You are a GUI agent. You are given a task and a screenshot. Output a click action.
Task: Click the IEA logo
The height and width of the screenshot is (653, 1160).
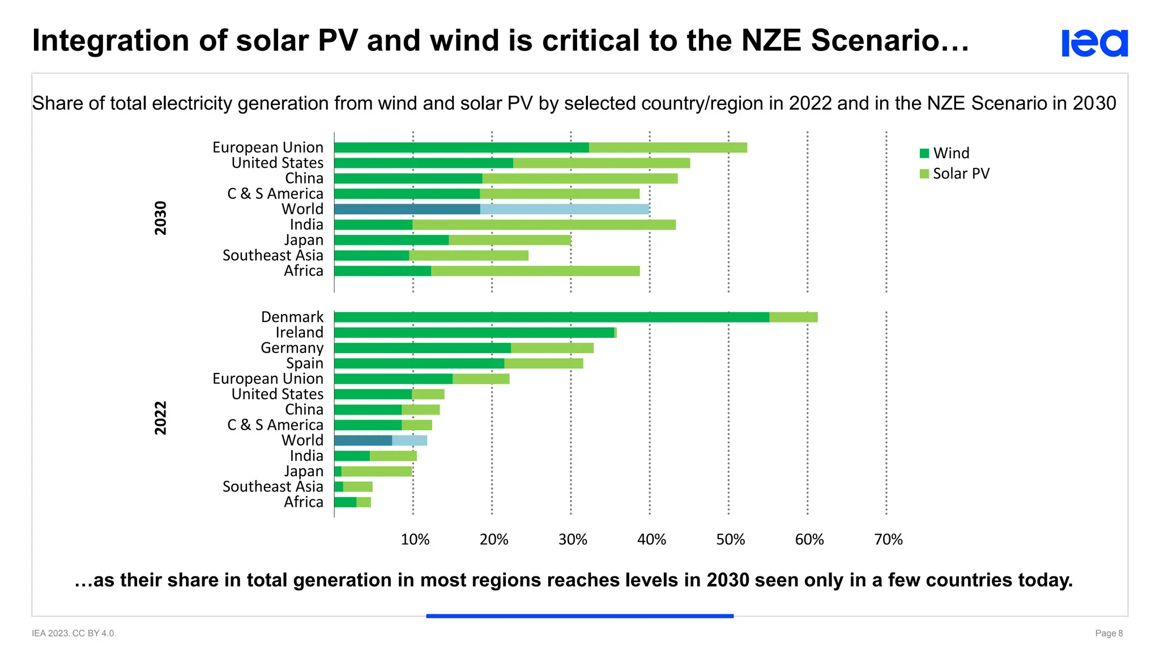pyautogui.click(x=1094, y=43)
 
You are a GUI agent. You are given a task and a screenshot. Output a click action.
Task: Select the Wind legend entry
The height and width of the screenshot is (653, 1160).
pyautogui.click(x=945, y=153)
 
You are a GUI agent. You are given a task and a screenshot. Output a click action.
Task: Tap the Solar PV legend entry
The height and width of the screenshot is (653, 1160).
pyautogui.click(x=954, y=173)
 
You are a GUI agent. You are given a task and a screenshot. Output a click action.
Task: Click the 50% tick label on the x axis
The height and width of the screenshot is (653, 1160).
pyautogui.click(x=730, y=540)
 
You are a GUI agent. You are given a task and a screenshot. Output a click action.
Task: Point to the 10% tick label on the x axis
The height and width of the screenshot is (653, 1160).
pyautogui.click(x=415, y=540)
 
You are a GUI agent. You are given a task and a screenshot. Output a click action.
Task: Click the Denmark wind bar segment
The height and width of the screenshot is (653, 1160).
pyautogui.click(x=551, y=317)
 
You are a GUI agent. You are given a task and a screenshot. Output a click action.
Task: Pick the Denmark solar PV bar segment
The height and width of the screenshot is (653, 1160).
pyautogui.click(x=793, y=317)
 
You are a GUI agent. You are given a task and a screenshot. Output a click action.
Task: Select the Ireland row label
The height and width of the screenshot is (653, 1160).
pyautogui.click(x=299, y=333)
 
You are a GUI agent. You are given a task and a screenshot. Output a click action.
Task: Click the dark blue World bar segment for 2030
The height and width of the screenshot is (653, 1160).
pyautogui.click(x=407, y=209)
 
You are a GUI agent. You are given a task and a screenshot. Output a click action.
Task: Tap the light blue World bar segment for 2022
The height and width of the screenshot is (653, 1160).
pyautogui.click(x=409, y=440)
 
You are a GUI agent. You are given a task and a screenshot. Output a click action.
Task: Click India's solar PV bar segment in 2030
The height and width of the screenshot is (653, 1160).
pyautogui.click(x=544, y=225)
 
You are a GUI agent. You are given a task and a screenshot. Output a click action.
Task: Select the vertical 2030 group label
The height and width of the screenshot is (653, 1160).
pyautogui.click(x=161, y=218)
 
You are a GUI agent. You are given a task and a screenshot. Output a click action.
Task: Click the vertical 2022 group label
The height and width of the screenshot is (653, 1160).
pyautogui.click(x=161, y=418)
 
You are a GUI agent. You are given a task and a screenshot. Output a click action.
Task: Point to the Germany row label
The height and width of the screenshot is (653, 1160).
pyautogui.click(x=292, y=348)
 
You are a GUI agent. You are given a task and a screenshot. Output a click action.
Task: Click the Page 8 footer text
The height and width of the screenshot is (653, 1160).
pyautogui.click(x=1108, y=633)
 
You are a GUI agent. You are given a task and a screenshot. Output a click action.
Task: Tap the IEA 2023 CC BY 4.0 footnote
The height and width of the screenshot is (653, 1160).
pyautogui.click(x=74, y=633)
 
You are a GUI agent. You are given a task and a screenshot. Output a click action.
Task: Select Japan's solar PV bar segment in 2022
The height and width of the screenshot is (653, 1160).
pyautogui.click(x=376, y=472)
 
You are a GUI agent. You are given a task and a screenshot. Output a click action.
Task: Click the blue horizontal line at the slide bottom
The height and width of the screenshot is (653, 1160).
pyautogui.click(x=579, y=616)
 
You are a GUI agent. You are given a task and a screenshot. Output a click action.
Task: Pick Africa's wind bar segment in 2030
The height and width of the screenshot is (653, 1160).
pyautogui.click(x=382, y=271)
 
